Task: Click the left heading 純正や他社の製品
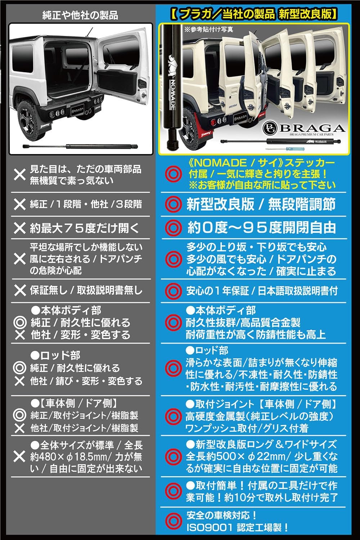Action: point(80,15)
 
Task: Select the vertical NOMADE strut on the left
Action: point(172,86)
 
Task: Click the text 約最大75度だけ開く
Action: point(84,228)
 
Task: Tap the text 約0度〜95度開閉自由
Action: point(261,228)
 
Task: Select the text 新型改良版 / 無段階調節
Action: point(261,204)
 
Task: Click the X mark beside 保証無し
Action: point(19,290)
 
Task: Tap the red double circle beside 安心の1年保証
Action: point(173,291)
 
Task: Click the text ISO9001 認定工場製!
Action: point(237,528)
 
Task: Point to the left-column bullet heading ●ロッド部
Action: point(55,356)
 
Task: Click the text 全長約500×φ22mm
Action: point(235,456)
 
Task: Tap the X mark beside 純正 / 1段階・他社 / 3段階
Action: point(19,204)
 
